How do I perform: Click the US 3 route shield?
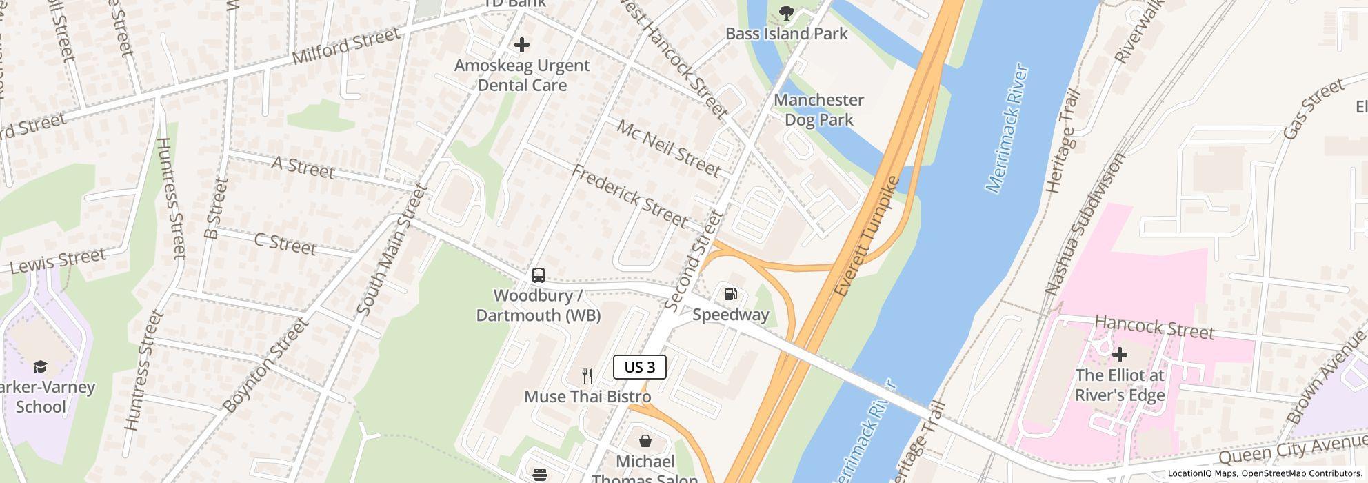point(639,367)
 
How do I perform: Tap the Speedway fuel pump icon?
point(730,294)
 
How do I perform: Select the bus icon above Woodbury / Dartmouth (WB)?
point(539,275)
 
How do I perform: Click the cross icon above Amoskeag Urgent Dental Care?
point(522,45)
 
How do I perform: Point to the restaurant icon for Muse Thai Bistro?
point(587,376)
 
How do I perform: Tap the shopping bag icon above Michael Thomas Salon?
point(645,441)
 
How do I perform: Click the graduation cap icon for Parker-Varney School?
point(41,366)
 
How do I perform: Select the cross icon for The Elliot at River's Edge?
point(1120,355)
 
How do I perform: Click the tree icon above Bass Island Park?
point(786,12)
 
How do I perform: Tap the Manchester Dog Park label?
point(818,110)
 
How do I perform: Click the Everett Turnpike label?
point(867,237)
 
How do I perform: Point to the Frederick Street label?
point(629,197)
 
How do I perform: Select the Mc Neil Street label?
point(668,148)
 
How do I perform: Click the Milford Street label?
point(345,46)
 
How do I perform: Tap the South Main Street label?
point(394,250)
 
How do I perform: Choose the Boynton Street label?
point(265,366)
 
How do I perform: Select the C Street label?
point(285,244)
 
